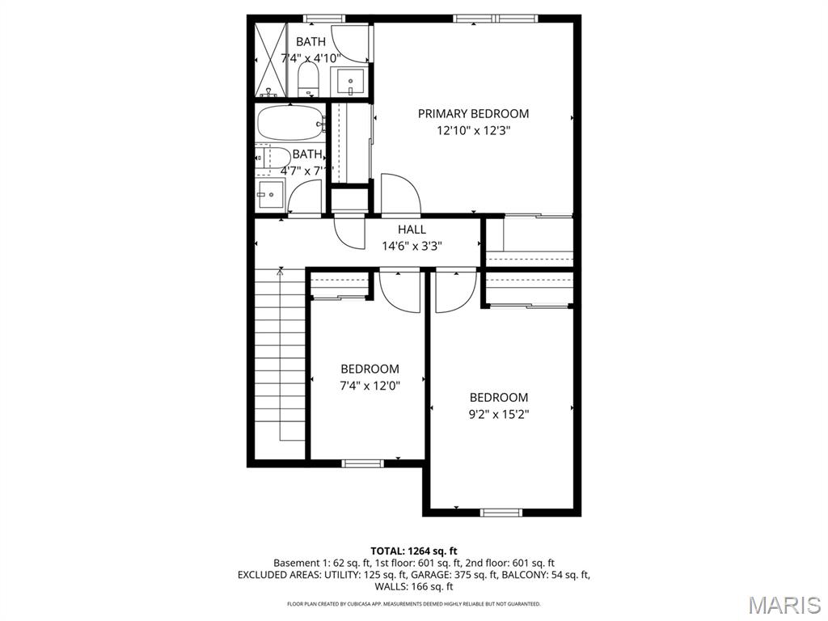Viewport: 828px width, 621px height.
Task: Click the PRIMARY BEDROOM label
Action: click(x=473, y=114)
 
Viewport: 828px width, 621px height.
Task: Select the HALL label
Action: click(x=412, y=230)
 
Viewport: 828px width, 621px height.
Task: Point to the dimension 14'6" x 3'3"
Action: click(x=412, y=246)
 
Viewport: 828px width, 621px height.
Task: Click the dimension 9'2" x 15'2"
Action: click(x=499, y=414)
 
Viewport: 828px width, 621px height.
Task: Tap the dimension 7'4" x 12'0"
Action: click(x=370, y=386)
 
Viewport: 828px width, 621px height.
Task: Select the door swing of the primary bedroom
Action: click(x=401, y=194)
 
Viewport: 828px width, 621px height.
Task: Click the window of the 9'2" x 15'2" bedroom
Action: click(x=502, y=512)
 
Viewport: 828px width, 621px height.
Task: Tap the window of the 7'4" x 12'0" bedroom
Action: click(x=361, y=463)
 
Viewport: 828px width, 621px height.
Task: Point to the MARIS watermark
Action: click(x=784, y=605)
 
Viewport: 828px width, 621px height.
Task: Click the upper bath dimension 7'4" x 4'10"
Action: click(x=311, y=58)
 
